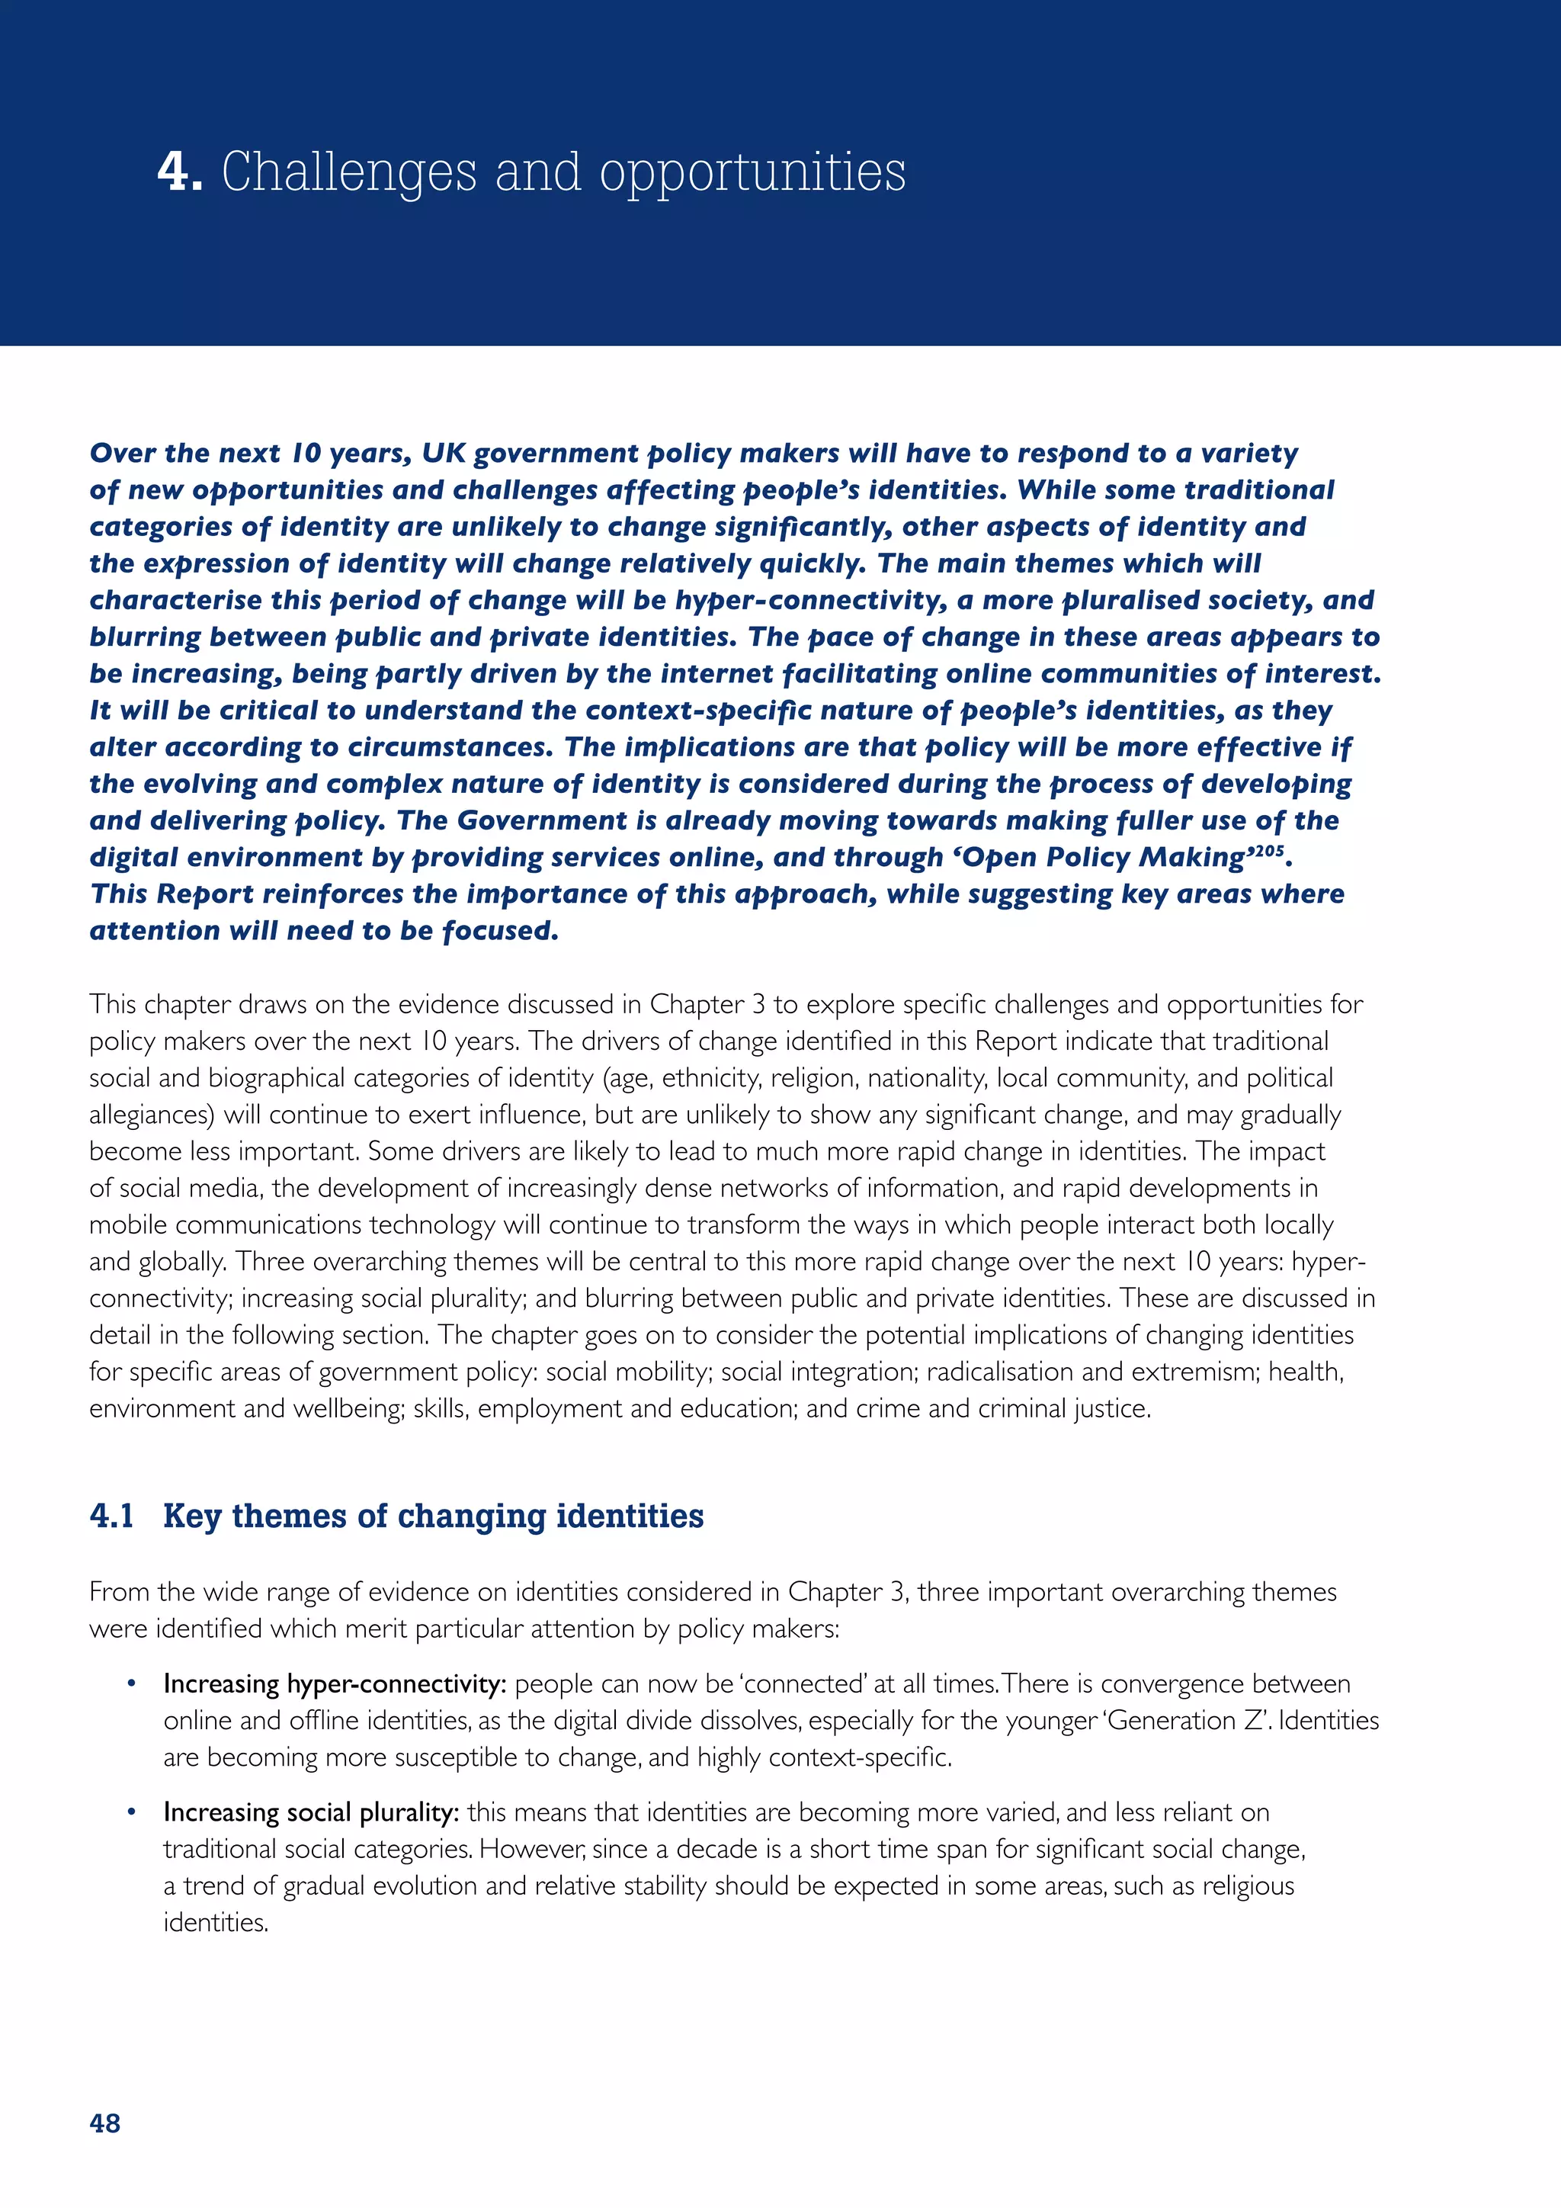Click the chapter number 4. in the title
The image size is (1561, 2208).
tap(180, 173)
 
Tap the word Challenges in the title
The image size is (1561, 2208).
tap(349, 173)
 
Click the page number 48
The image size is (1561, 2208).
tap(104, 2123)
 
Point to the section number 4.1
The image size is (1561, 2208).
tap(111, 1516)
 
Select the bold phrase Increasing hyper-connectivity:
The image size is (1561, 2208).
tap(335, 1684)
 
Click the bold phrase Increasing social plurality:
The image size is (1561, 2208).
tap(310, 1813)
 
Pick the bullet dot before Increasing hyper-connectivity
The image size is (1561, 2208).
tap(132, 1684)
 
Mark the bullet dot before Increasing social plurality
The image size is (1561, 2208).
tap(132, 1813)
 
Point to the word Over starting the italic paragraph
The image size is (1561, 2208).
tap(123, 453)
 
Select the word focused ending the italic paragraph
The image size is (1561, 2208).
tap(500, 931)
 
